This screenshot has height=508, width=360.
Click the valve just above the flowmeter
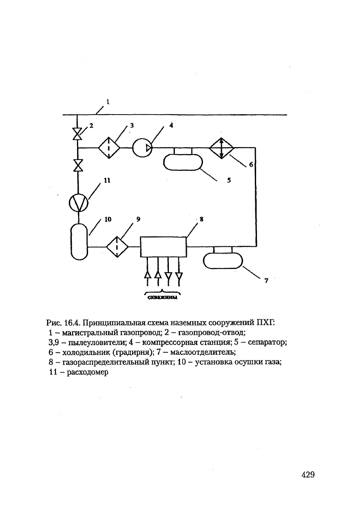[77, 165]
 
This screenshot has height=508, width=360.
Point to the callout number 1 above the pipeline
[108, 101]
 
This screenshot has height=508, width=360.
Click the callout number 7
[266, 281]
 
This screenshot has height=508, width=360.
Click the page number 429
[308, 475]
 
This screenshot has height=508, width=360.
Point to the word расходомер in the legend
[88, 372]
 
